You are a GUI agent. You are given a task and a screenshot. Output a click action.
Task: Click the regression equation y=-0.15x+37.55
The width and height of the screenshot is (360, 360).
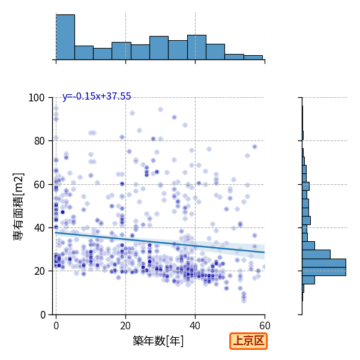97,96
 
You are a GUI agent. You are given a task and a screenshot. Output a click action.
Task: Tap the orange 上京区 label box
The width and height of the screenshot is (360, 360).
248,341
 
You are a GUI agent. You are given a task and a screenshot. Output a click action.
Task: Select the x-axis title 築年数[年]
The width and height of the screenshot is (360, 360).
158,341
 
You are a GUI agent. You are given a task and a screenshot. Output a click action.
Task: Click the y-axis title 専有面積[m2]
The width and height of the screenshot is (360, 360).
19,206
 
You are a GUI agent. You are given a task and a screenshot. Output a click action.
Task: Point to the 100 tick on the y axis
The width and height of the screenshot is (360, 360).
36,98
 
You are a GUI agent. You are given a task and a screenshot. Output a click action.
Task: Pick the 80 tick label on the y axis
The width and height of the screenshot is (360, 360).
39,141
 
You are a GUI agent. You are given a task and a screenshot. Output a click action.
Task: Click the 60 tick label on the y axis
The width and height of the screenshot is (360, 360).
39,185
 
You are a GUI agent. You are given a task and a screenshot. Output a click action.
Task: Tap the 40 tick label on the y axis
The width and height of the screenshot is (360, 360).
39,228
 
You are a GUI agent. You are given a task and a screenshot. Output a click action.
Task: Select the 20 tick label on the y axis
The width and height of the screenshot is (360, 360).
39,271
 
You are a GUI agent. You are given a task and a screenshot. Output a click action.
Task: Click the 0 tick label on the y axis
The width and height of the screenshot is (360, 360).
43,315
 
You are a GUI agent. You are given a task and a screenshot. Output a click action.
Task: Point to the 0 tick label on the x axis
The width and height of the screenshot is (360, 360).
56,326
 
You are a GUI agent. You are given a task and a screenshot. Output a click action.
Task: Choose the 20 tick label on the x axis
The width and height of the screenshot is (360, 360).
125,326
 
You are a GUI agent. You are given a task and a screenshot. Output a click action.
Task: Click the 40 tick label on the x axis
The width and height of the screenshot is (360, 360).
195,326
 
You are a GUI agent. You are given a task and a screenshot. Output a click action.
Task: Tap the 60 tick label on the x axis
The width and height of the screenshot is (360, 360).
265,326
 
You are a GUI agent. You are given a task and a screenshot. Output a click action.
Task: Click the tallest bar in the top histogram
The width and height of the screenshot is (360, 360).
65,37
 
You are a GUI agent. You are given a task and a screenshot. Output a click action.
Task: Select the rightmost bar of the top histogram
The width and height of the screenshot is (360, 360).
253,58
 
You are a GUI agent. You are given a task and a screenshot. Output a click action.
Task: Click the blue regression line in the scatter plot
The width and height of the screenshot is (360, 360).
160,242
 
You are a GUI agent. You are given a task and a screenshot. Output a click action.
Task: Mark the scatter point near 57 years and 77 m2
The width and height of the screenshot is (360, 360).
254,147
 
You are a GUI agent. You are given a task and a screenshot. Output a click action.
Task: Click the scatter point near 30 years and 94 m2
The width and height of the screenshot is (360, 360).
160,110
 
